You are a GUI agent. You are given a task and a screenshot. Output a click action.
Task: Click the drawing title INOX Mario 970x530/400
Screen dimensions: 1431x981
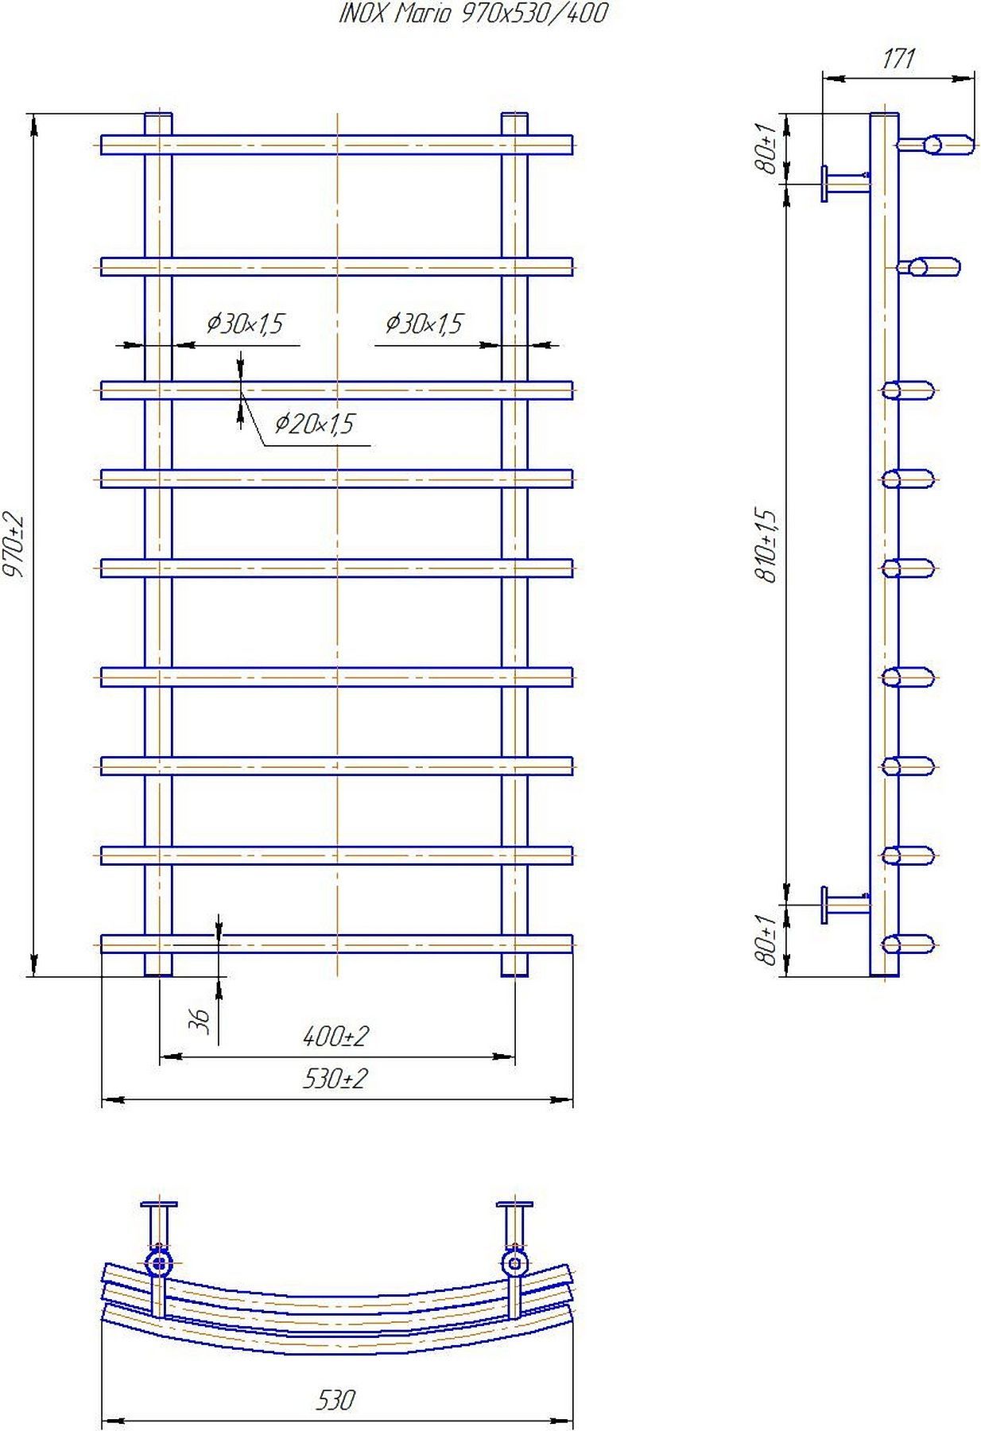point(473,14)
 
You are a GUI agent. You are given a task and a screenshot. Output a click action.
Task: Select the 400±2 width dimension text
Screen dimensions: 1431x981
point(335,1037)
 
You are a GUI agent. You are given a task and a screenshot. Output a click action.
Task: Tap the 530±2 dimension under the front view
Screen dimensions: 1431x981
point(335,1080)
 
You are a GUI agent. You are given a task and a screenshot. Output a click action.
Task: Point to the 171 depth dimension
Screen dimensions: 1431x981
point(898,59)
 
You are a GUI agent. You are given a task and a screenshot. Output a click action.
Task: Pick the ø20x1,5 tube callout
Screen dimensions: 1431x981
point(314,424)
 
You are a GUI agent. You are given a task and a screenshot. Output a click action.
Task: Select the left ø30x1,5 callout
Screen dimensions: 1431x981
point(245,324)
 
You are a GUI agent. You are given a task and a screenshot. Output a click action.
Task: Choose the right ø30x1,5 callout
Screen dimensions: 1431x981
point(424,324)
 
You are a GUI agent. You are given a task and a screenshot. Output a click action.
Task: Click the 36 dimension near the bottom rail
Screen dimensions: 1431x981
point(202,1020)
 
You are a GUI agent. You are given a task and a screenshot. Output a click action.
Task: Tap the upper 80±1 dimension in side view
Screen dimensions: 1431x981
point(767,149)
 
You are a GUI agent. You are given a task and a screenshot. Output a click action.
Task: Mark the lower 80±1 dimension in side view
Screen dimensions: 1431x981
point(767,940)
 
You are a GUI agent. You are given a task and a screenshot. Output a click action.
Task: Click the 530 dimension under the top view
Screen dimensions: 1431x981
point(335,1399)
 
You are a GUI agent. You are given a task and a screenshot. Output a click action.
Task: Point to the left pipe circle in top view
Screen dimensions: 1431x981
point(160,1262)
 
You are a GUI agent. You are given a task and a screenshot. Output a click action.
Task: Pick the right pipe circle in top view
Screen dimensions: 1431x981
point(514,1262)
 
